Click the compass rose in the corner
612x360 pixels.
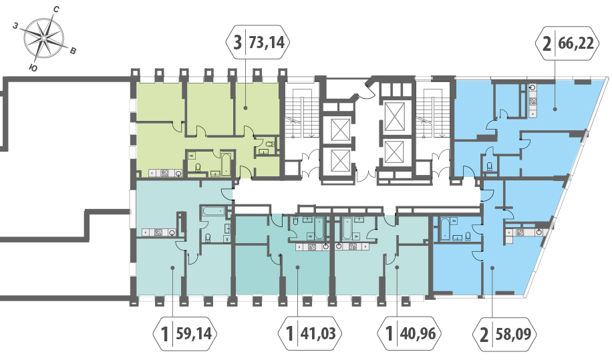(x=43, y=38)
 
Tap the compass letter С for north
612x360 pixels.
(x=56, y=9)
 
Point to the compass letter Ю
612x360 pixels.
(x=33, y=68)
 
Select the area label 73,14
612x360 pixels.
(x=267, y=42)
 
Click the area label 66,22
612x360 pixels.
(x=576, y=43)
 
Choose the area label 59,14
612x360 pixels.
(x=194, y=334)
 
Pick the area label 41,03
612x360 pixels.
(x=318, y=334)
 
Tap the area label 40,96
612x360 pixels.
(x=418, y=334)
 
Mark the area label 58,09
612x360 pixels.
(x=513, y=334)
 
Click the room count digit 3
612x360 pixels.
(x=237, y=42)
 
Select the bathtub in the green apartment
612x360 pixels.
(x=226, y=164)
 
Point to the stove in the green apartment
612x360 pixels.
(x=165, y=173)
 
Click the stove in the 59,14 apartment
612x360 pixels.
(x=158, y=233)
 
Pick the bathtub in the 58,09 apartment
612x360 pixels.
(x=444, y=228)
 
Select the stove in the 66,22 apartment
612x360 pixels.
(x=532, y=102)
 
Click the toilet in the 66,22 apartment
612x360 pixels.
(x=490, y=167)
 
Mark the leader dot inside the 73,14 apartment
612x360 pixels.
(x=245, y=108)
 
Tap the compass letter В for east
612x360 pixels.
(x=73, y=51)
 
